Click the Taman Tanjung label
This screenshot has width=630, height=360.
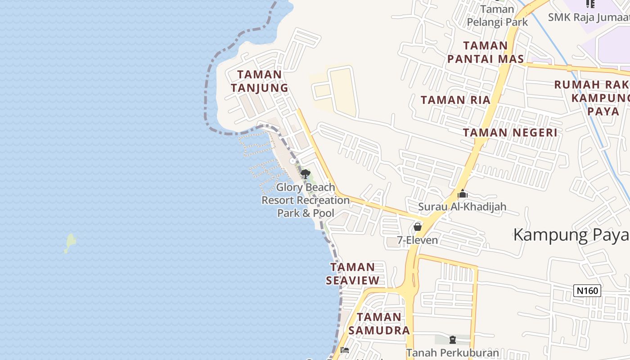click(260, 81)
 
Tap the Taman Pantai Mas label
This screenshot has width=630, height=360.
click(486, 52)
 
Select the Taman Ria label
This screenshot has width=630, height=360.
click(455, 100)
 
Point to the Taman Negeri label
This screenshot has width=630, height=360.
click(510, 132)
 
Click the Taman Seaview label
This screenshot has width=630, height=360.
click(353, 274)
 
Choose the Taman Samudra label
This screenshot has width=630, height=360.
click(379, 324)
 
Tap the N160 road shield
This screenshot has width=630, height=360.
click(588, 291)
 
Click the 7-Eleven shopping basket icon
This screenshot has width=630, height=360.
click(418, 226)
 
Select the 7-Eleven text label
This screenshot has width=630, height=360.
click(418, 240)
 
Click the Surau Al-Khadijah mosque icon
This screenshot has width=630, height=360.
click(463, 194)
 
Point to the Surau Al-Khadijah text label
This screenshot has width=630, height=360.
click(462, 207)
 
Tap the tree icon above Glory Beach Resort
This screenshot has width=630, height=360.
click(306, 174)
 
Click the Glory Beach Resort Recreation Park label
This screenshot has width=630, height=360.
click(306, 200)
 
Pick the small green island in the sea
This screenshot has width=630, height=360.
click(70, 243)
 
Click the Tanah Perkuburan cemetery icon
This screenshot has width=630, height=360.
click(453, 340)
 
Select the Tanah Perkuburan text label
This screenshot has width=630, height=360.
click(453, 353)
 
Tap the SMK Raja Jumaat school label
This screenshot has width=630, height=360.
click(589, 17)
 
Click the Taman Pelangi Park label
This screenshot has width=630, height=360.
click(497, 15)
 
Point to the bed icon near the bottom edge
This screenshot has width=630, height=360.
click(345, 350)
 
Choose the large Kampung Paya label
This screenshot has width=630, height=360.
click(571, 235)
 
